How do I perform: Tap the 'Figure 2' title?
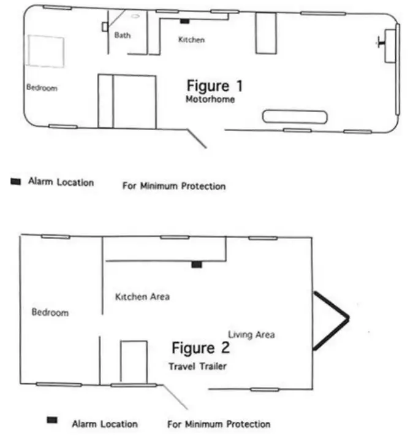tap(200, 349)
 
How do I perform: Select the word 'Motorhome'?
tap(210, 99)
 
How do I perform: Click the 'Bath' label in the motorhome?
tap(123, 36)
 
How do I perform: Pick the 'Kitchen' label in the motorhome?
tap(191, 40)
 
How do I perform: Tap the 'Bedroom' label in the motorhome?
tap(42, 88)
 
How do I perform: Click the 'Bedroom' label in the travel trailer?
tap(50, 313)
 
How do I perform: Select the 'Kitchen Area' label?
tap(142, 297)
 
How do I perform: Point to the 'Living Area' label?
tap(251, 335)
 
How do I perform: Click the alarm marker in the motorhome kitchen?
tap(184, 21)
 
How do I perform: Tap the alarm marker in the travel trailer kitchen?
tap(196, 264)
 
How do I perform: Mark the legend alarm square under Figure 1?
tap(16, 182)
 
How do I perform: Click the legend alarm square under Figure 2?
tap(52, 420)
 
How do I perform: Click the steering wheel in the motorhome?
tap(381, 43)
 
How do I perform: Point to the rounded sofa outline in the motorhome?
tap(295, 117)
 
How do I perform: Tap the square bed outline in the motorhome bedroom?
tap(44, 52)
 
